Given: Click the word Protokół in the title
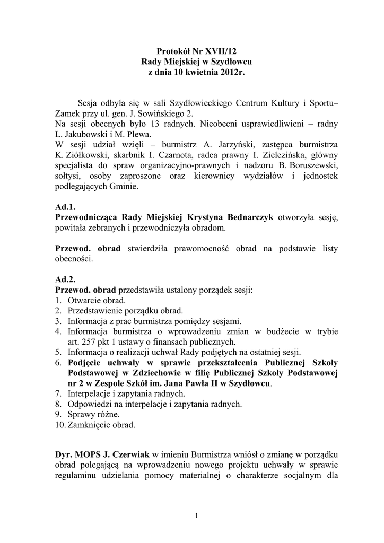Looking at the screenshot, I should click(x=174, y=51).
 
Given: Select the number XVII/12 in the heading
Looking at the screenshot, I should click(x=220, y=51).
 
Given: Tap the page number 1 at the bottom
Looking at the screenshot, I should click(x=196, y=515).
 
